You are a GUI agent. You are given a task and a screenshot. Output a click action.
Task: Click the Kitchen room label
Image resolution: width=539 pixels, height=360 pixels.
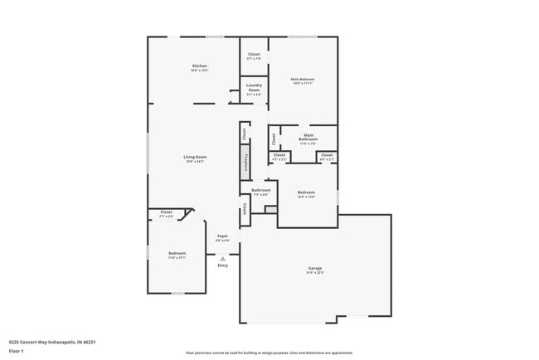tap(199, 66)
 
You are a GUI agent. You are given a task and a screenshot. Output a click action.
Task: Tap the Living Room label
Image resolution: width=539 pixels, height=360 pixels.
tap(195, 157)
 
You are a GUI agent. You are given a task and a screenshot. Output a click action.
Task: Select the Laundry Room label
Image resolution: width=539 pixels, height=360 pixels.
tap(254, 87)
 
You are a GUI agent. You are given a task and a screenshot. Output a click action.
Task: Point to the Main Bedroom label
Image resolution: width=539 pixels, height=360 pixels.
tap(303, 79)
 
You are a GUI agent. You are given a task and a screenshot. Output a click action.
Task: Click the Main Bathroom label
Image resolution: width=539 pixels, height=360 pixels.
tap(308, 137)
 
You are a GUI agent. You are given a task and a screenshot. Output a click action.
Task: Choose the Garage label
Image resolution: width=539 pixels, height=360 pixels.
tap(315, 268)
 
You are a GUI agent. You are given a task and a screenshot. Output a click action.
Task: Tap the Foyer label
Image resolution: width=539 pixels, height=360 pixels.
tap(223, 236)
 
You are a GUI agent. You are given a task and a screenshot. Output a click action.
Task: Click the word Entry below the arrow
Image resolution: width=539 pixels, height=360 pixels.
tap(222, 265)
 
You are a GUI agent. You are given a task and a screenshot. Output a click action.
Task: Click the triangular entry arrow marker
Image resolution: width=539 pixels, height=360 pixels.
tap(222, 259)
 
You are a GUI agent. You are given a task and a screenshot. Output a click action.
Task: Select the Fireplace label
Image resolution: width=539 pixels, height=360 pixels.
tap(245, 161)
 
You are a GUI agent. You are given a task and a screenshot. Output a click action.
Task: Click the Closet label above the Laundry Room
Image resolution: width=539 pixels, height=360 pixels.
tap(254, 54)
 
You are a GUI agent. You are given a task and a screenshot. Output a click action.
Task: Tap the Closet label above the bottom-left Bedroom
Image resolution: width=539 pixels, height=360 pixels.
tap(167, 212)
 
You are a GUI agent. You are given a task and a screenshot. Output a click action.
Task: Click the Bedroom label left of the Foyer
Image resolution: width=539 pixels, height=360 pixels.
tap(177, 253)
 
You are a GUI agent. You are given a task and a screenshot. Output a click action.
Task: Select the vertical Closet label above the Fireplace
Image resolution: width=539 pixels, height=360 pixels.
tap(244, 133)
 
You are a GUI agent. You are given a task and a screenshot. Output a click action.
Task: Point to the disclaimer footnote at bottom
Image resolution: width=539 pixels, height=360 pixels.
tap(269, 353)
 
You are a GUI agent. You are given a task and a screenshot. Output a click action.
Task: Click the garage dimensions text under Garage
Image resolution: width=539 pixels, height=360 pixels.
tap(315, 272)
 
